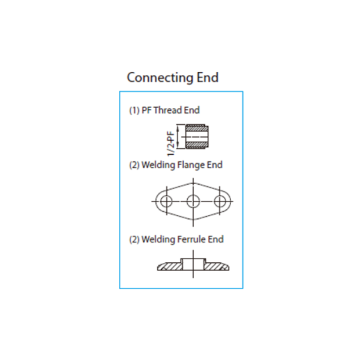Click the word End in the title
tap(208, 77)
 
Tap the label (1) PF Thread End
tap(164, 110)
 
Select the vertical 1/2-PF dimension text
tap(171, 144)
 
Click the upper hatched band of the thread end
tap(197, 128)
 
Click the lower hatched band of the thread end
tap(197, 145)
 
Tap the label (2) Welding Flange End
tap(176, 165)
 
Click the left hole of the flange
tap(166, 202)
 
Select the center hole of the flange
tap(193, 202)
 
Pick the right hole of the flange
tap(220, 202)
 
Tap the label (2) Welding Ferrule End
tap(176, 239)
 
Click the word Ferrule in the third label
tap(192, 239)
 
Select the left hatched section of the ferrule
tap(170, 266)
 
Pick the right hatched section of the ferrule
tap(217, 266)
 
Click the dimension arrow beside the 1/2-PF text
tap(178, 136)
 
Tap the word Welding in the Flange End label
tap(158, 166)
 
